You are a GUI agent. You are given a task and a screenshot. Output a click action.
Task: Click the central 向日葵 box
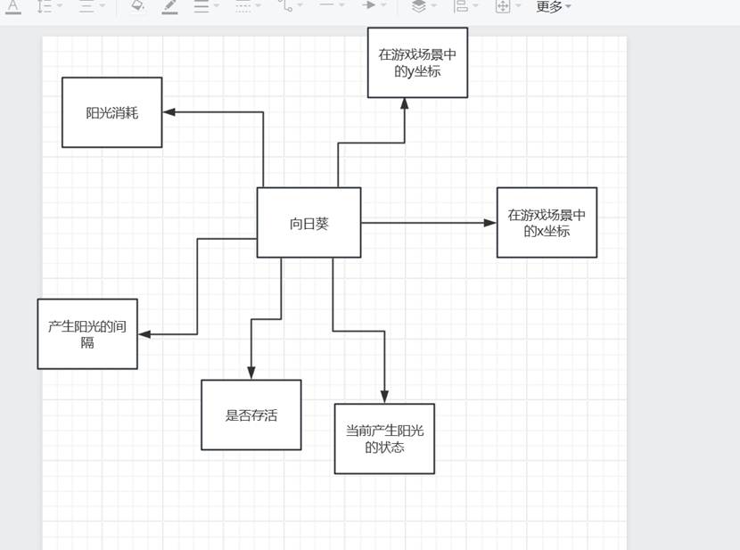[308, 223]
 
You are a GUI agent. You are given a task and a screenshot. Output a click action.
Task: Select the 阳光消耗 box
[111, 112]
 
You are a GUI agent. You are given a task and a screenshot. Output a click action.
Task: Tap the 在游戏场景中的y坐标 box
[417, 62]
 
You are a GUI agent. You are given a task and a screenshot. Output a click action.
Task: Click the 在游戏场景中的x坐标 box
[547, 223]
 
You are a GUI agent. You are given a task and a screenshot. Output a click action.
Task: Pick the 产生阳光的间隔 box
[87, 333]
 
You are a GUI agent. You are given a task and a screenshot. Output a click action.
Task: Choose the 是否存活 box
[251, 415]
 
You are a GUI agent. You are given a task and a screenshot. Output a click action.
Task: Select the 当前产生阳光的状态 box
[384, 439]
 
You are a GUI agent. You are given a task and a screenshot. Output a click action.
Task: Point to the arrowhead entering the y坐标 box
[405, 104]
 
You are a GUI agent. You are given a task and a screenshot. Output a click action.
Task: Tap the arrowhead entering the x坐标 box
[490, 223]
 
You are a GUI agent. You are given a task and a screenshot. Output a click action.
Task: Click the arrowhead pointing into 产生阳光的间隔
[144, 334]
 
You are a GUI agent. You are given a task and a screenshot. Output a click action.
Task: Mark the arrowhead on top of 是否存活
[251, 374]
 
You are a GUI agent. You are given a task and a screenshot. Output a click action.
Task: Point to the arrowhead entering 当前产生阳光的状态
[385, 398]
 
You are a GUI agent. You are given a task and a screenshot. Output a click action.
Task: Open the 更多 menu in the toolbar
[553, 7]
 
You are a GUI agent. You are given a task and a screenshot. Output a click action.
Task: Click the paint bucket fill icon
[136, 5]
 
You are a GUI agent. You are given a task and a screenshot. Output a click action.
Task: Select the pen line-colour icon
[169, 6]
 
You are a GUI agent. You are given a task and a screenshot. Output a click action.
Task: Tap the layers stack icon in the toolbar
[418, 6]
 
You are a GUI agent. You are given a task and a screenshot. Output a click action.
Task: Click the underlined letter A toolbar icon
[13, 6]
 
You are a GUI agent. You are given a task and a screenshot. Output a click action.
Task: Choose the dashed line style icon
[243, 6]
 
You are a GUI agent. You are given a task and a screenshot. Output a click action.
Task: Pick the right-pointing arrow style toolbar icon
[369, 5]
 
